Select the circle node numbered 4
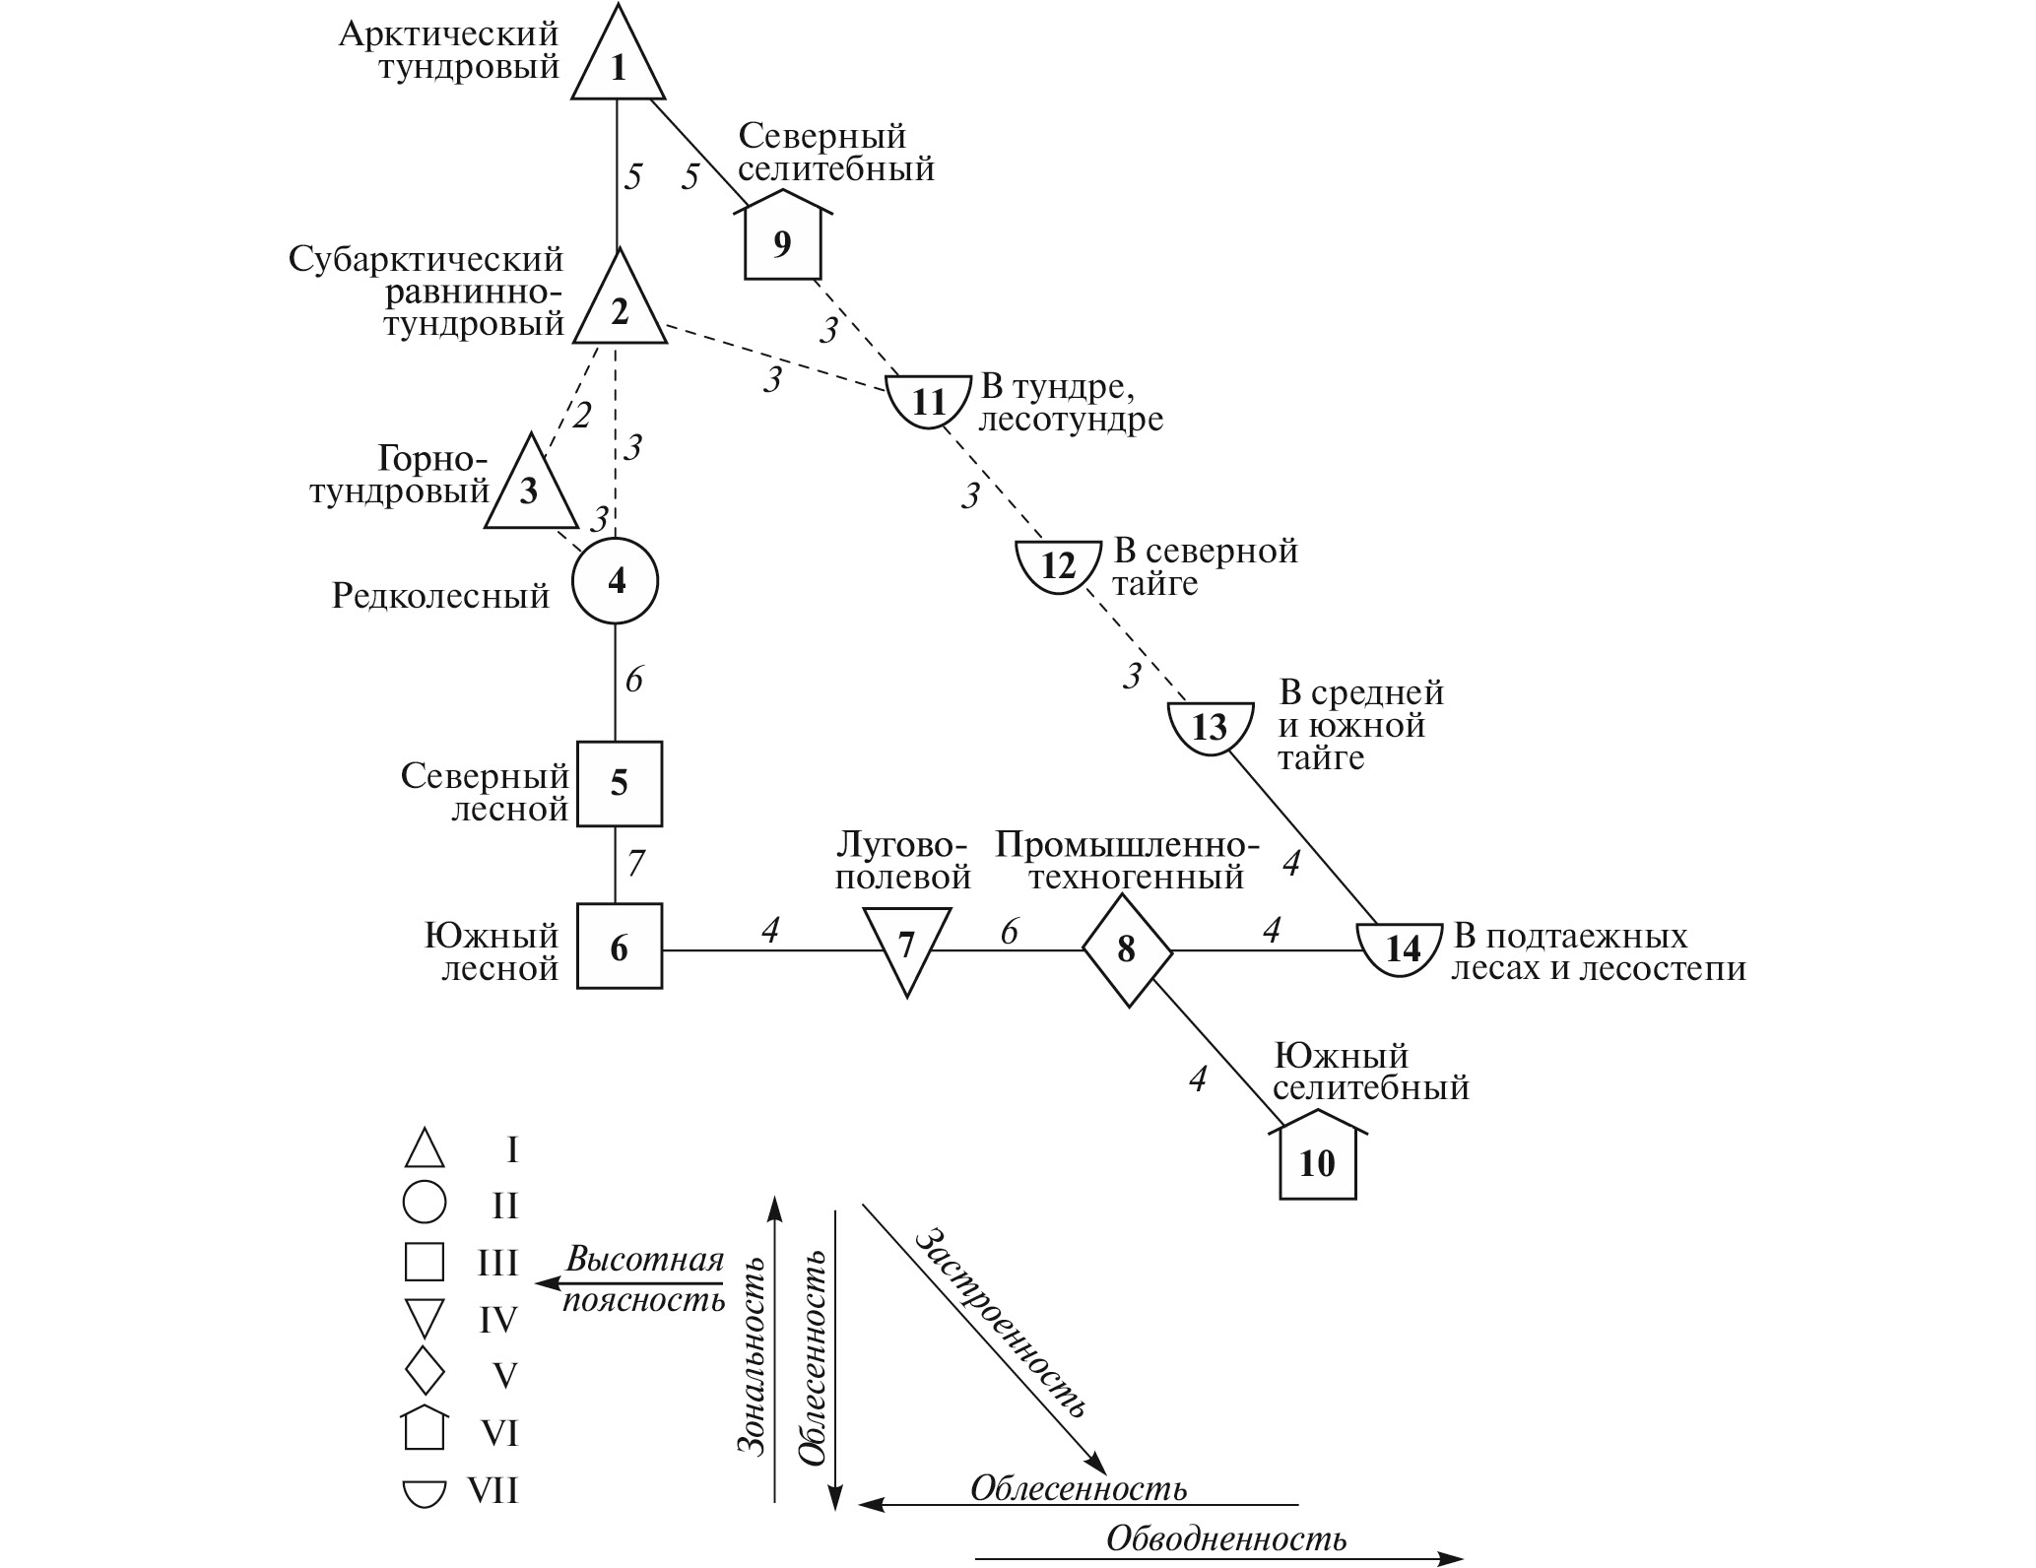pyautogui.click(x=616, y=582)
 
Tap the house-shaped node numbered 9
pyautogui.click(x=781, y=241)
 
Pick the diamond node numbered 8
pyautogui.click(x=1127, y=949)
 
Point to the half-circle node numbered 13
pyautogui.click(x=1210, y=727)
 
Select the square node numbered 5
pyautogui.click(x=619, y=783)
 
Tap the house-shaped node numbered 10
pyautogui.click(x=1317, y=1162)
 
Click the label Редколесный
pyautogui.click(x=440, y=596)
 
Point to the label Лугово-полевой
pyautogui.click(x=903, y=860)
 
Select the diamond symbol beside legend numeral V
pyautogui.click(x=425, y=1371)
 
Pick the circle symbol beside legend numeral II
pyautogui.click(x=425, y=1203)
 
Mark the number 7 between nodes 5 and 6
pyautogui.click(x=635, y=864)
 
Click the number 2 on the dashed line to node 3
pyautogui.click(x=581, y=416)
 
